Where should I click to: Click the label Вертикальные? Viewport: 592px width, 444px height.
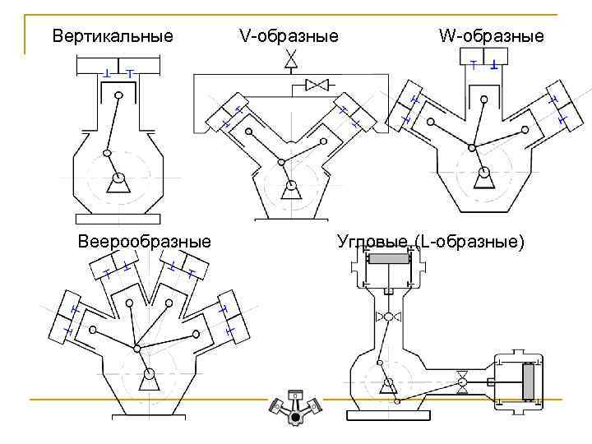pyautogui.click(x=113, y=36)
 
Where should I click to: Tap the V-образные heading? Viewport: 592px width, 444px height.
pyautogui.click(x=289, y=36)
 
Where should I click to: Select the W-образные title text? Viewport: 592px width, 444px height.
pyautogui.click(x=491, y=36)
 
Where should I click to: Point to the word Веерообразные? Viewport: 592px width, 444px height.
pyautogui.click(x=144, y=242)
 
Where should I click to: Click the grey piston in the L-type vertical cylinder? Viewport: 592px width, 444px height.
pyautogui.click(x=389, y=258)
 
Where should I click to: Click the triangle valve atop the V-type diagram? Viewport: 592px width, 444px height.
pyautogui.click(x=290, y=60)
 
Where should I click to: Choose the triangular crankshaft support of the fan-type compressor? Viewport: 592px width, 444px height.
pyautogui.click(x=148, y=380)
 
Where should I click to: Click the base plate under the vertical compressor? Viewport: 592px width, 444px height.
pyautogui.click(x=118, y=218)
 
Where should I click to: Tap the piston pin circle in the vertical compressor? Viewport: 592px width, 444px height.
pyautogui.click(x=120, y=95)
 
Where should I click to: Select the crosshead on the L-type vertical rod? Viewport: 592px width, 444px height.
pyautogui.click(x=389, y=317)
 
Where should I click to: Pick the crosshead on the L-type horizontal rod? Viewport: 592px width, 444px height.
pyautogui.click(x=463, y=380)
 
